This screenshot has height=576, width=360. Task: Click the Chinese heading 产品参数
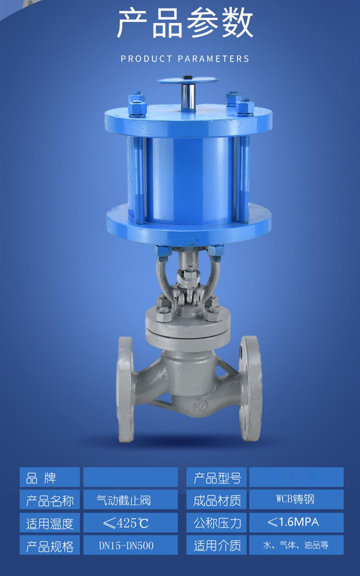(x=185, y=23)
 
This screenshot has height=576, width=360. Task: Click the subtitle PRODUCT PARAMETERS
(x=185, y=59)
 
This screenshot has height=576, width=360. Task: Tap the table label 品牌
(x=41, y=478)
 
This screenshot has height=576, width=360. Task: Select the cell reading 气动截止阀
(x=123, y=500)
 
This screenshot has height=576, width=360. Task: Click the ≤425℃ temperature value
(x=126, y=523)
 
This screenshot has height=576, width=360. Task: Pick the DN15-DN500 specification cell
(x=126, y=545)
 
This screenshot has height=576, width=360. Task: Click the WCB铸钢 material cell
(x=295, y=499)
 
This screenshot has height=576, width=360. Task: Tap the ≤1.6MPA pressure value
(x=293, y=522)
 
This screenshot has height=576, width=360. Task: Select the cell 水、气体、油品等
(x=296, y=545)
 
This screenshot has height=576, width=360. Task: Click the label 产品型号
(x=217, y=478)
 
